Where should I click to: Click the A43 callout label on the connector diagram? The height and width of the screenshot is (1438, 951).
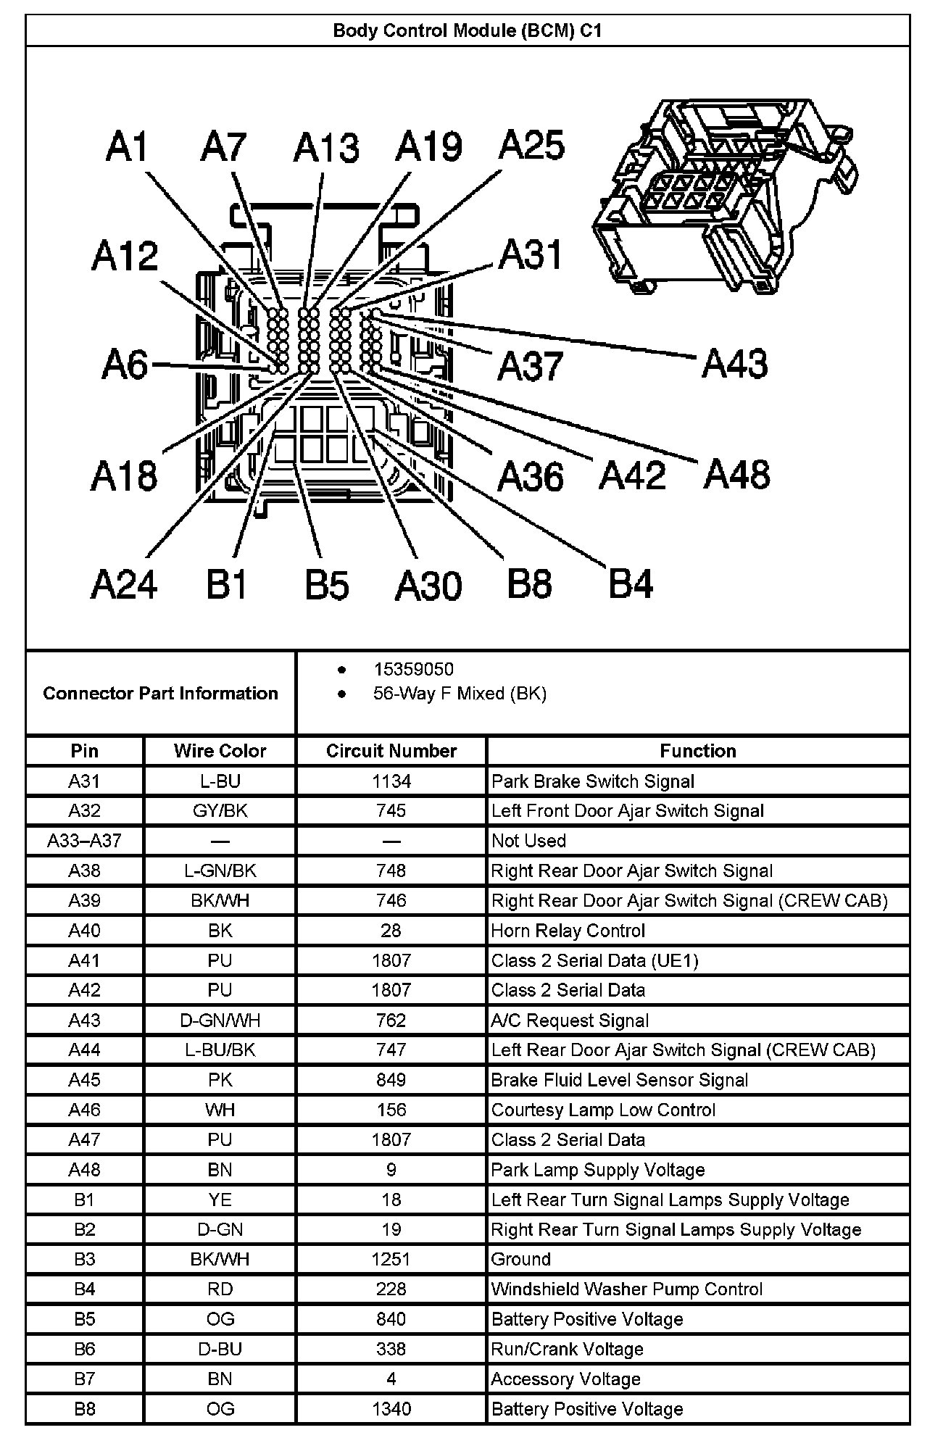point(734,364)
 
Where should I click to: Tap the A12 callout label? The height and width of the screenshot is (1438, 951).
point(125,257)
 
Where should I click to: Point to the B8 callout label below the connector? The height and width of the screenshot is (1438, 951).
point(529,583)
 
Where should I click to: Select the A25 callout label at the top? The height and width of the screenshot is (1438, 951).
point(531,145)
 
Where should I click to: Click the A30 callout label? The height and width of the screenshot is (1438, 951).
point(428,586)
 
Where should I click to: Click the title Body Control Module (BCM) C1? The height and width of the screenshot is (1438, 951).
point(468,31)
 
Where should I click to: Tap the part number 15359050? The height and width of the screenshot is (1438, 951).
point(413,669)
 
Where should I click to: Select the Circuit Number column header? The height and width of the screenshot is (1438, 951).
point(391,751)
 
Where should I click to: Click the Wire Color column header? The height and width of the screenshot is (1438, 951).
point(220,751)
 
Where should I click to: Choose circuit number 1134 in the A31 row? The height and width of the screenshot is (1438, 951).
point(391,781)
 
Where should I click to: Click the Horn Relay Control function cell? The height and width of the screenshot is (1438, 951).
point(568,931)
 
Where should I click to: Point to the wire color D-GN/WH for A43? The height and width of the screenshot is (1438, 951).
point(220,1021)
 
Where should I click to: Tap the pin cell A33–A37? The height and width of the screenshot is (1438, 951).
point(84,841)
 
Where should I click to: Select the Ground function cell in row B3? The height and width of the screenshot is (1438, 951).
point(520,1259)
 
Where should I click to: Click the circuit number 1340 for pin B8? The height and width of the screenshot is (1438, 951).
point(391,1409)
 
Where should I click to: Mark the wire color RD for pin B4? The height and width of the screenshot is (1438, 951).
point(220,1289)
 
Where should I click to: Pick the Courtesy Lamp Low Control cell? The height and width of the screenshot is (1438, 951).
point(603,1110)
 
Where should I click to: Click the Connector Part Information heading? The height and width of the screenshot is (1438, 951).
point(160,694)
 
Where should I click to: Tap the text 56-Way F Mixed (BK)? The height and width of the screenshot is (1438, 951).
point(460,694)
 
